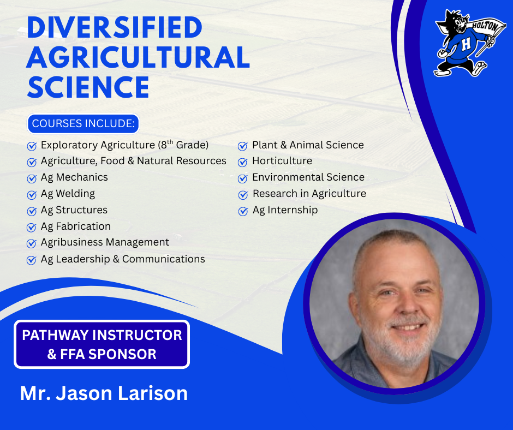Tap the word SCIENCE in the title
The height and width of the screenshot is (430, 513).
click(88, 87)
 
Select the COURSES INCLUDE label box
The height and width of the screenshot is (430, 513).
click(83, 123)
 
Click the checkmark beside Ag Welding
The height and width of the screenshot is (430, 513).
click(32, 195)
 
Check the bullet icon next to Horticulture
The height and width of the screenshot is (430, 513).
click(243, 162)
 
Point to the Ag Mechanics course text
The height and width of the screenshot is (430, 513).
click(74, 177)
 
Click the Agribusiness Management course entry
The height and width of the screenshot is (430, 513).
click(105, 242)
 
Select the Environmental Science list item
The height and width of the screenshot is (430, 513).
click(308, 177)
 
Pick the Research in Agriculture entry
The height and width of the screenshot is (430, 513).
click(309, 194)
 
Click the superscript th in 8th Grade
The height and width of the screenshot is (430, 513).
click(171, 142)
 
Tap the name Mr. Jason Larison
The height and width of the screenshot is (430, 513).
click(104, 393)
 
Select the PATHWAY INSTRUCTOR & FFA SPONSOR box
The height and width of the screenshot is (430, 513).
click(102, 344)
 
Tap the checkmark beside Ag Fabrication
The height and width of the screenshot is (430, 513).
click(32, 228)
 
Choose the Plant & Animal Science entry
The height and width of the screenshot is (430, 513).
click(307, 145)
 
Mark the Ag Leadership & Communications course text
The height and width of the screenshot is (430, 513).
click(123, 259)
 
